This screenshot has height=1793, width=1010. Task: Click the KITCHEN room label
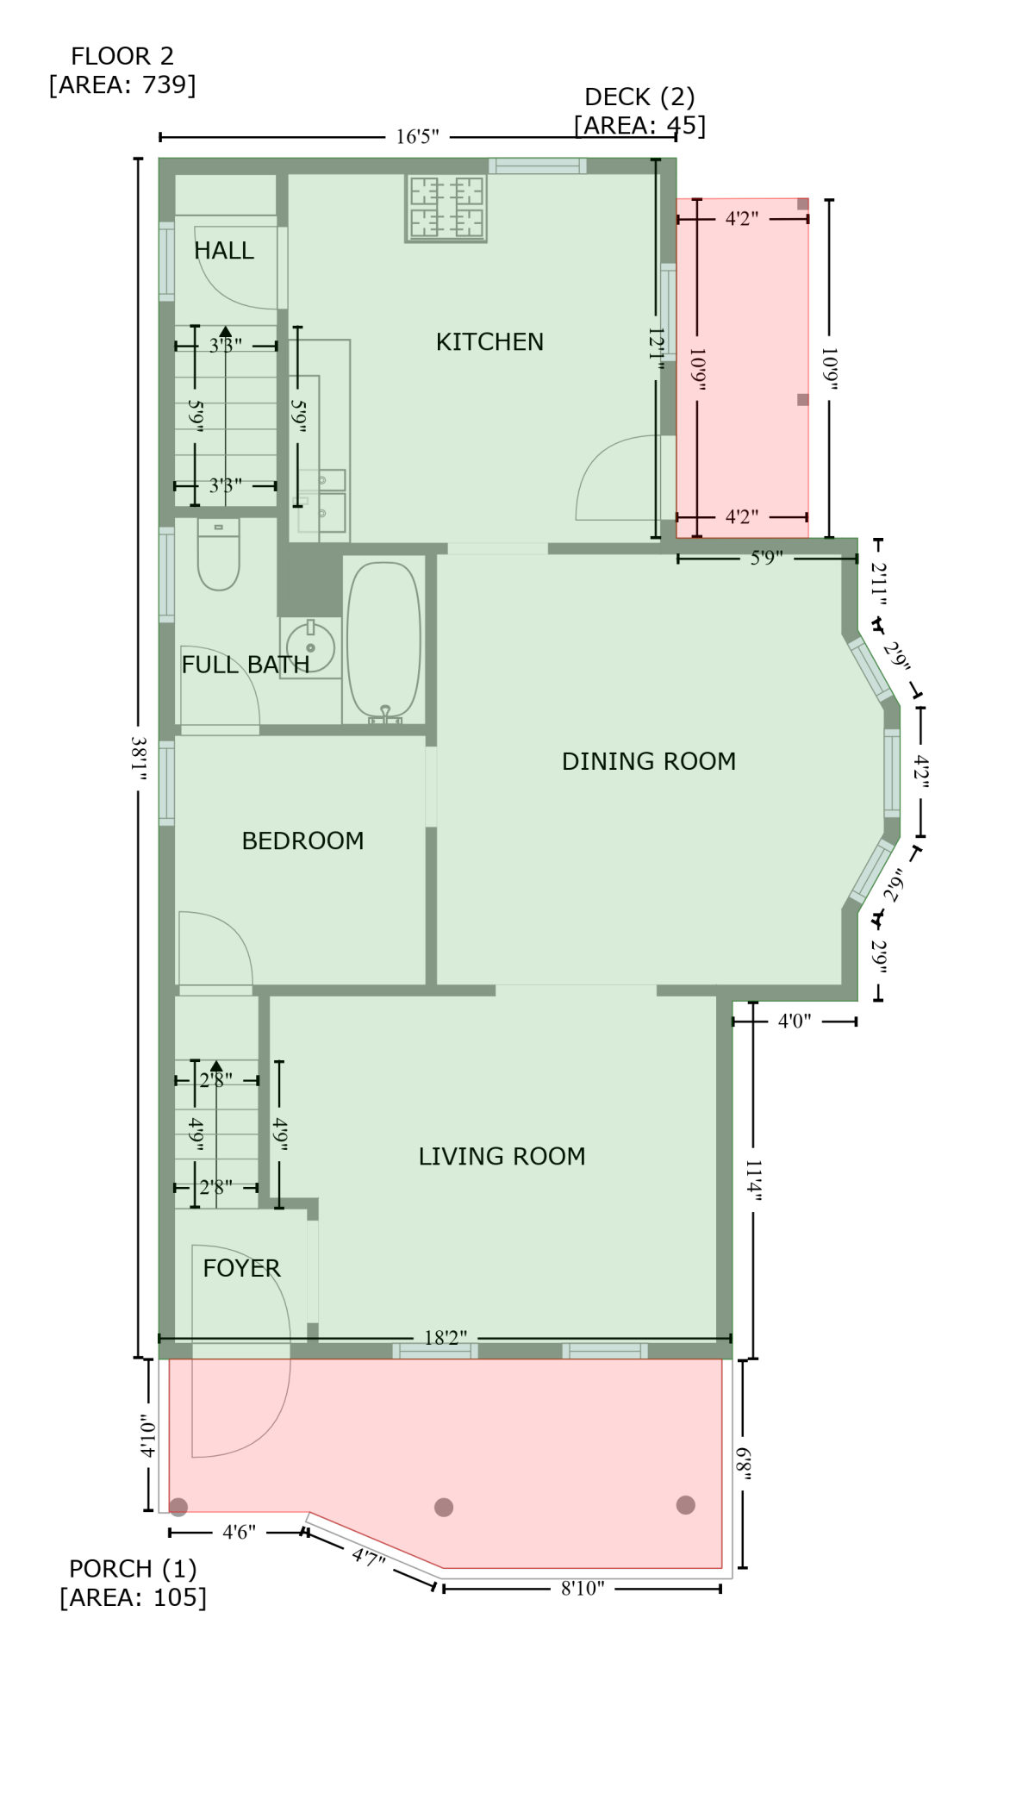pos(489,342)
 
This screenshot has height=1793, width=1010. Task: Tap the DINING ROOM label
pos(649,761)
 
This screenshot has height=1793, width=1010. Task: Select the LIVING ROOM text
pos(502,1156)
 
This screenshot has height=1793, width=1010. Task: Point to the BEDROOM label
pos(302,840)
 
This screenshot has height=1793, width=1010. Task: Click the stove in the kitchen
pos(446,208)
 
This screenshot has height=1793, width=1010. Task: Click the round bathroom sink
pos(309,647)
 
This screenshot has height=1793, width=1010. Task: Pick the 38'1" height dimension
pos(139,758)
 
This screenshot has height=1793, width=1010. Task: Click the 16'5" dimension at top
pos(418,137)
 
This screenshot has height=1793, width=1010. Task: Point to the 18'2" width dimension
pos(446,1338)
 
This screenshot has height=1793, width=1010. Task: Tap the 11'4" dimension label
pos(754,1180)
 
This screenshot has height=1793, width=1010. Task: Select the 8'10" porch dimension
pos(583,1589)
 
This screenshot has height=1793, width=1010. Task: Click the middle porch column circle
pos(444,1507)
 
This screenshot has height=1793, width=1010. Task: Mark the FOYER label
pos(241,1268)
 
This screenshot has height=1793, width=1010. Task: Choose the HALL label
pos(224,251)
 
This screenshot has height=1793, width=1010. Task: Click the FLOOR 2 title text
pos(122,57)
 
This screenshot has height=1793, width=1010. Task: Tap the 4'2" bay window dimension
pos(921,772)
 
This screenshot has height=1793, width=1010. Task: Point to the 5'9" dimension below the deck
pos(766,559)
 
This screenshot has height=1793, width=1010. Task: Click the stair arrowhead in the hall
pos(226,331)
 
